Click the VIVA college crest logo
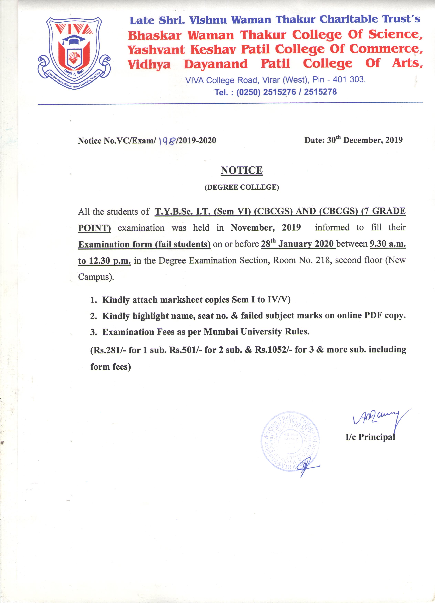pos(74,53)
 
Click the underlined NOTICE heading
pos(242,170)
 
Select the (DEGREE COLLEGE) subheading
pos(242,187)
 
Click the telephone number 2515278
pos(320,92)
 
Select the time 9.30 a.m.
pos(388,244)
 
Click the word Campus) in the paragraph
pos(96,277)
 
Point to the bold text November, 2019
pos(266,228)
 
